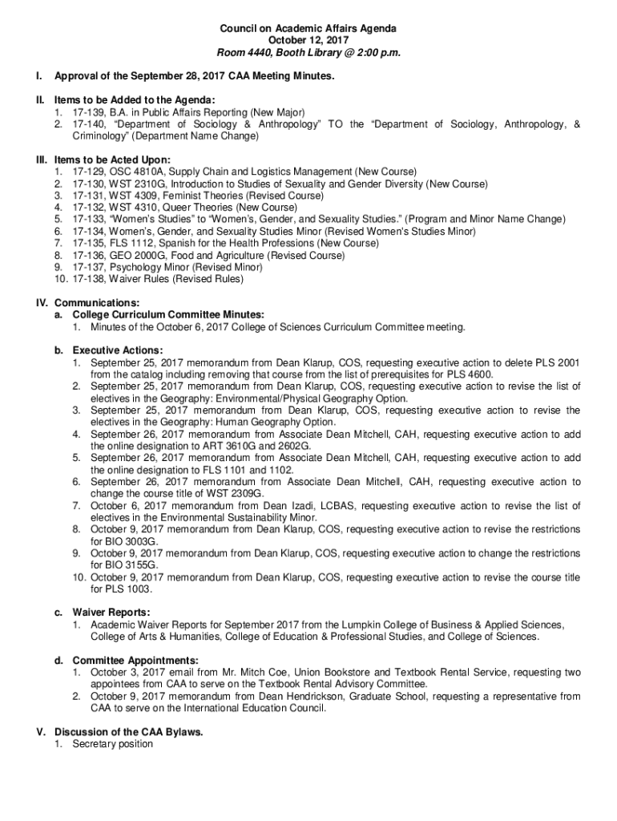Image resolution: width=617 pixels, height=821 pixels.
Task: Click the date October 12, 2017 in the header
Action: (x=308, y=41)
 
